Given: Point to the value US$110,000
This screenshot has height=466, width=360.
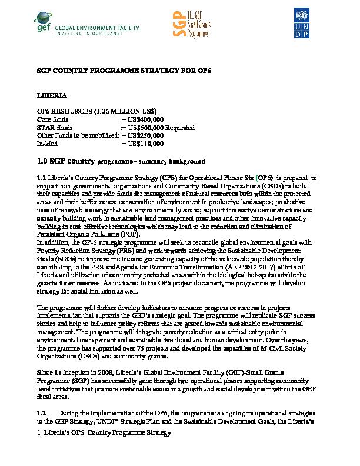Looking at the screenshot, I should pyautogui.click(x=145, y=143).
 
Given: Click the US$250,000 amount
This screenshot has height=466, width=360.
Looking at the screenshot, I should pyautogui.click(x=145, y=135).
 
